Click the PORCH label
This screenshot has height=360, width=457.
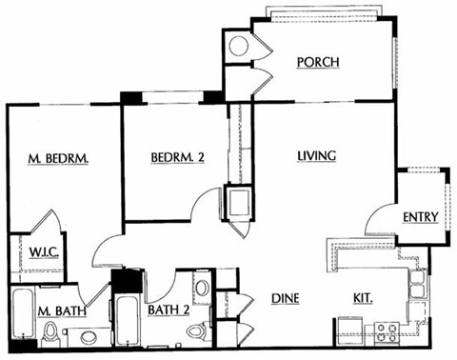[318, 63]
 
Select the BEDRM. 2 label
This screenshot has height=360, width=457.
[178, 158]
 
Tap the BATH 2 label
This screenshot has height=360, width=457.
[169, 309]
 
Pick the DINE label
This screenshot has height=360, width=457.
[286, 299]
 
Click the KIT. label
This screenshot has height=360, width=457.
[364, 299]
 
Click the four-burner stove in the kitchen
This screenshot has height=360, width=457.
[386, 332]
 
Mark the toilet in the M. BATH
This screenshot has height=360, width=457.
[50, 333]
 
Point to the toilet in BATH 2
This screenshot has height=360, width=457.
[196, 331]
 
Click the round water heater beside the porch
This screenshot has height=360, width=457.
[238, 46]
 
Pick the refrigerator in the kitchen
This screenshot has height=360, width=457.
[349, 331]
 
